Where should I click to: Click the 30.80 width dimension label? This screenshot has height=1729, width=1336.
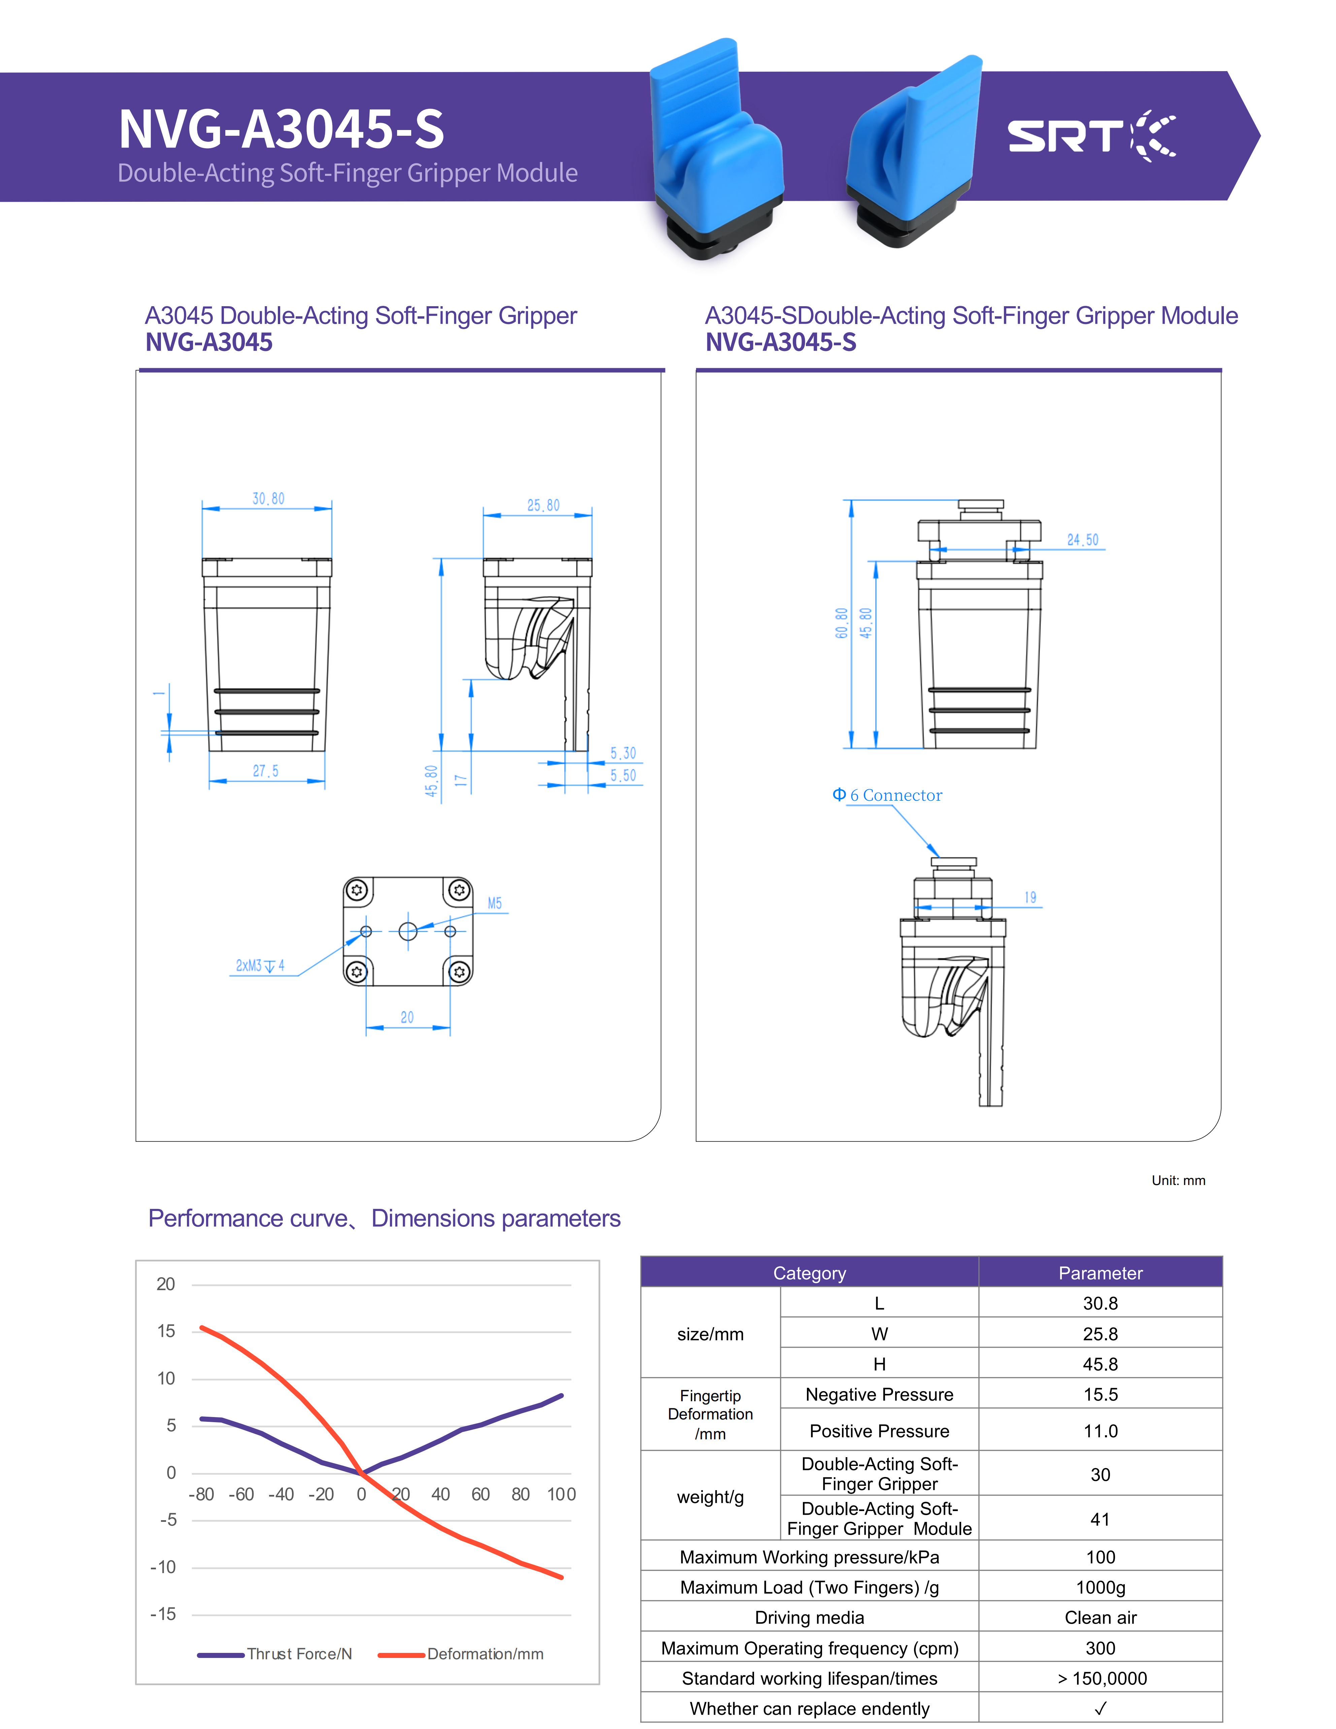coord(268,499)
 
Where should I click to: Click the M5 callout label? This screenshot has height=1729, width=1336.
coord(495,903)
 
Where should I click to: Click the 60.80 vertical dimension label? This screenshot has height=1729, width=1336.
coord(841,623)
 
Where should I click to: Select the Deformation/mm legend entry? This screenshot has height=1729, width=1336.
coord(484,1654)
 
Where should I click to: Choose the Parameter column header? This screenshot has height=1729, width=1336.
coord(1100,1273)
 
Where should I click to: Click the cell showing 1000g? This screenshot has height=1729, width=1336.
coord(1100,1587)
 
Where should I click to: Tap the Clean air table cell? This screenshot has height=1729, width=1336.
coord(1100,1618)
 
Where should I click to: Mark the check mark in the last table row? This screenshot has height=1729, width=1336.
coord(1100,1708)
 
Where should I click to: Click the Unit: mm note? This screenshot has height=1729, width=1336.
coord(1178,1180)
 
